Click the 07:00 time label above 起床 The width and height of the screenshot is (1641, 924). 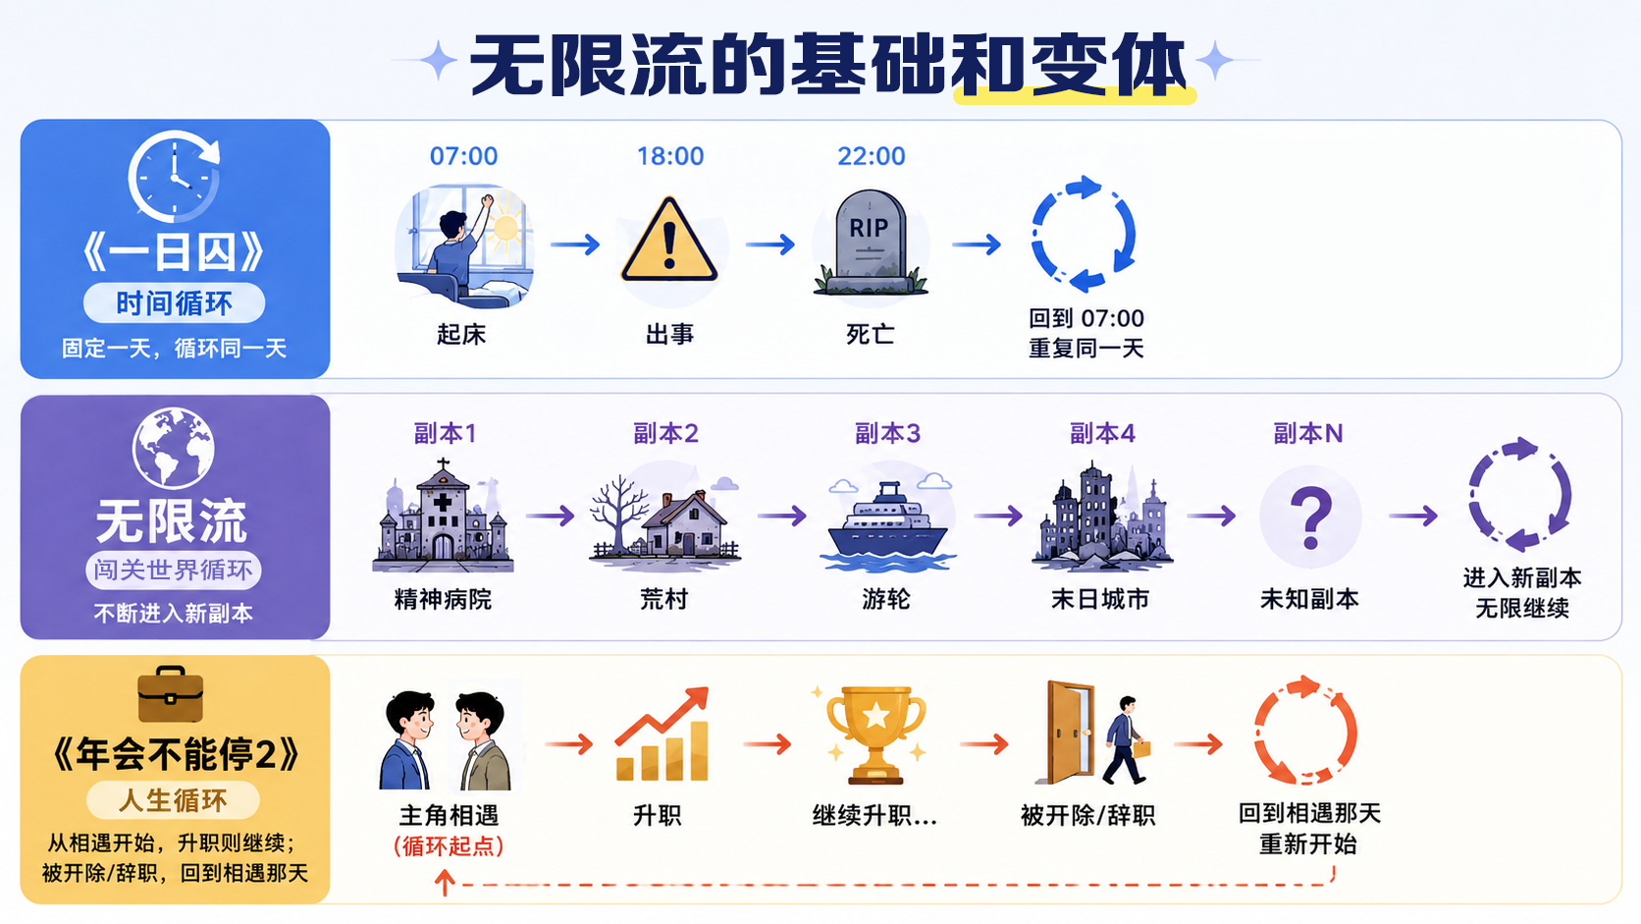pyautogui.click(x=463, y=156)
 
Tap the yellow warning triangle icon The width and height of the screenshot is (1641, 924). pyautogui.click(x=668, y=240)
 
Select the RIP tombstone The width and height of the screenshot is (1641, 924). pyautogui.click(x=871, y=242)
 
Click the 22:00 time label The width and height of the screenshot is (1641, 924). pyautogui.click(x=872, y=156)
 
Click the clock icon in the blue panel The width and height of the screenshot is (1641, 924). pyautogui.click(x=174, y=177)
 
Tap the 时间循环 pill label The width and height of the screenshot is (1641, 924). pyautogui.click(x=174, y=302)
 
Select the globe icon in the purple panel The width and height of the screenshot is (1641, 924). pyautogui.click(x=173, y=448)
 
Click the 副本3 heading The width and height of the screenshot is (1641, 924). pyautogui.click(x=887, y=434)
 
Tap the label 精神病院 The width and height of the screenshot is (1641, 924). pyautogui.click(x=443, y=599)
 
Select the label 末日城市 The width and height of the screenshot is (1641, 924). pyautogui.click(x=1099, y=599)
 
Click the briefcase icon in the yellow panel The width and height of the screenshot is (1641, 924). pyautogui.click(x=170, y=694)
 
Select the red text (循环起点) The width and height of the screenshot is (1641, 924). pyautogui.click(x=449, y=846)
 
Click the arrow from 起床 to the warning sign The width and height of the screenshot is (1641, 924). pyautogui.click(x=575, y=244)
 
